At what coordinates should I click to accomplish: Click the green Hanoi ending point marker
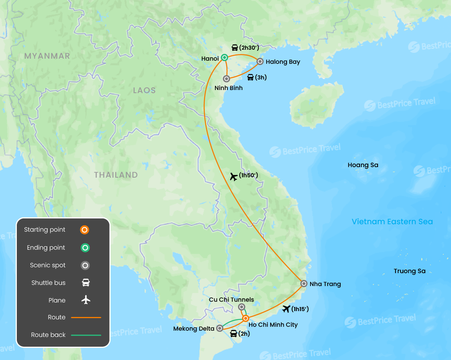click(224, 58)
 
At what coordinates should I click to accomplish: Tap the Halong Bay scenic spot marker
click(260, 61)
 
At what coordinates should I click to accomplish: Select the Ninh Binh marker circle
click(226, 79)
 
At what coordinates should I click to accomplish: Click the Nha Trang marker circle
click(304, 284)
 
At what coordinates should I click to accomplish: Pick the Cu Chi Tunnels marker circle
click(242, 307)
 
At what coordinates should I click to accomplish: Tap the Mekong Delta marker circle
click(220, 328)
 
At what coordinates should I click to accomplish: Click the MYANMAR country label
click(47, 56)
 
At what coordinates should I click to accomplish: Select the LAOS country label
click(144, 90)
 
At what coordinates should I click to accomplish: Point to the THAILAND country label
click(116, 175)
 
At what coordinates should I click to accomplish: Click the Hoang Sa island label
click(363, 165)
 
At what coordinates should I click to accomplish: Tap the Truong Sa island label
click(410, 271)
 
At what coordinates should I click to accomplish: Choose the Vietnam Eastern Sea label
click(392, 222)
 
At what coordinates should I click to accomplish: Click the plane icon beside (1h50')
click(234, 176)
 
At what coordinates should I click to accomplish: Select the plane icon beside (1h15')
click(286, 309)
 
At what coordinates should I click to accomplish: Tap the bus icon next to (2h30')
click(235, 48)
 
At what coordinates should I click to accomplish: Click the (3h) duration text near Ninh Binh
click(261, 77)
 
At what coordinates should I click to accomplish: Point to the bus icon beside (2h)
click(234, 334)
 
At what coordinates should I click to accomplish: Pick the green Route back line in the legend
click(86, 335)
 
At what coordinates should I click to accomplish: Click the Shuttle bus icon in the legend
click(86, 283)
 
